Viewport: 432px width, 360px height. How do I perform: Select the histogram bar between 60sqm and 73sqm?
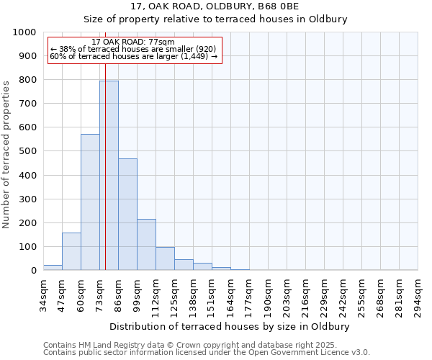pyautogui.click(x=90, y=202)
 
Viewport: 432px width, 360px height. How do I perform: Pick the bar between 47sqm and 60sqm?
pyautogui.click(x=71, y=251)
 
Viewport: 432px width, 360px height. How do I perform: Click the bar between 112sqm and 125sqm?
pyautogui.click(x=165, y=258)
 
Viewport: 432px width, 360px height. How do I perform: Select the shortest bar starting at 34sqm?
pyautogui.click(x=53, y=267)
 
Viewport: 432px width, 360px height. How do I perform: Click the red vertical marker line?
pyautogui.click(x=105, y=144)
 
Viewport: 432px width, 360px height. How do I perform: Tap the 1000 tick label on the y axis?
pyautogui.click(x=24, y=32)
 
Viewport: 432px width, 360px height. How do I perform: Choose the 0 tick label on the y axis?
pyautogui.click(x=34, y=271)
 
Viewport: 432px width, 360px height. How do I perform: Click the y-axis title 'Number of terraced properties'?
pyautogui.click(x=6, y=154)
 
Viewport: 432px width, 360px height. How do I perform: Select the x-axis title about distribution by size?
pyautogui.click(x=230, y=326)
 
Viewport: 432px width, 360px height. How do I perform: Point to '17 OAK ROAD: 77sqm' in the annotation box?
pyautogui.click(x=134, y=42)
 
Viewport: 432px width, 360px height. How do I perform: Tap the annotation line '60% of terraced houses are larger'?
pyautogui.click(x=134, y=56)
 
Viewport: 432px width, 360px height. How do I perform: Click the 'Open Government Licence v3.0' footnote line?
pyautogui.click(x=207, y=352)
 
